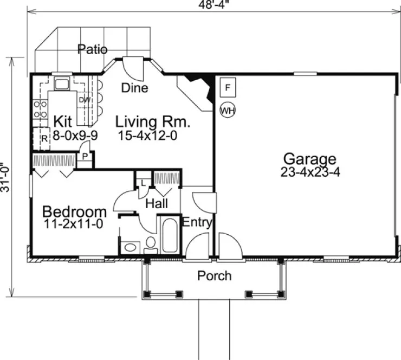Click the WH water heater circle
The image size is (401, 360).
click(228, 110)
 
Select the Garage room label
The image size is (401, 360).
click(310, 159)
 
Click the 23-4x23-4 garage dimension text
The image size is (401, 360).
click(310, 172)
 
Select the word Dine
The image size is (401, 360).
click(135, 88)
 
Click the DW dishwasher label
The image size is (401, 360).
click(84, 100)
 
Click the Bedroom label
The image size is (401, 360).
click(74, 211)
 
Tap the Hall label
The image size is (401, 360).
click(156, 203)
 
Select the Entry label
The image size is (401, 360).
click(196, 222)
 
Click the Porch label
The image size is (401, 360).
click(214, 275)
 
